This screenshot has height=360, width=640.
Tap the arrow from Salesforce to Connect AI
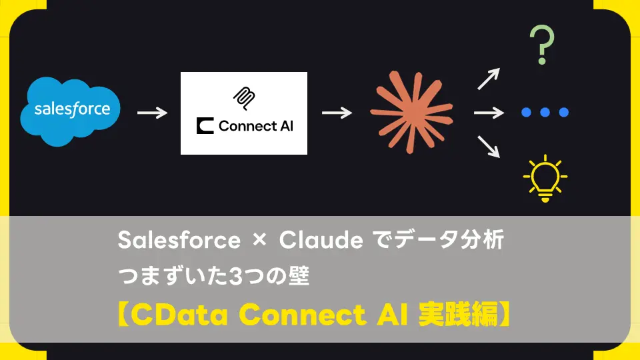(x=152, y=113)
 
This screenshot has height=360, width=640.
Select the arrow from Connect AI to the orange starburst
(x=337, y=113)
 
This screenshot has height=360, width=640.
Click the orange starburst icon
(x=411, y=112)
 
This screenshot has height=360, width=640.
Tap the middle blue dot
(x=545, y=112)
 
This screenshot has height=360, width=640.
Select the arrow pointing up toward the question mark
(x=489, y=79)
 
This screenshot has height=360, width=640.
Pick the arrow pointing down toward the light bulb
(x=489, y=147)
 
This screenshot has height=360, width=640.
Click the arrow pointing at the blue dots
(x=489, y=113)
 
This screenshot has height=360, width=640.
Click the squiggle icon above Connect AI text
(x=244, y=99)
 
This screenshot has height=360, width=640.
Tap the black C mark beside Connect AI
(x=205, y=126)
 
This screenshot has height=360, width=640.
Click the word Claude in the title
(x=321, y=239)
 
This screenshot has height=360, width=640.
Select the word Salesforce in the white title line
(x=179, y=239)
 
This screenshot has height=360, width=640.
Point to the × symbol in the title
(x=259, y=239)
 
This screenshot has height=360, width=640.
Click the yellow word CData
(x=179, y=315)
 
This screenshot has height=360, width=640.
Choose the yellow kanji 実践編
(x=459, y=314)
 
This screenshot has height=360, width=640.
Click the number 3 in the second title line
(x=235, y=276)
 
